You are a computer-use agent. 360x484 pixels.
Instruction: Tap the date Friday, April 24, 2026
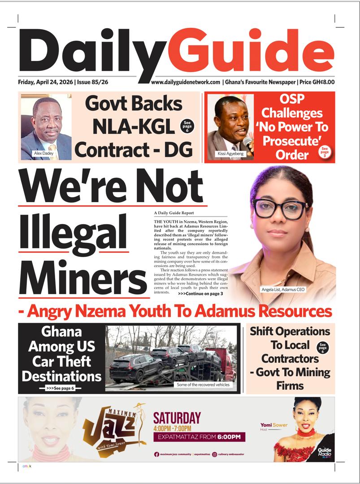46,82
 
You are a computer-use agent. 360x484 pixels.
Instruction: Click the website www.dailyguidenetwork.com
186,82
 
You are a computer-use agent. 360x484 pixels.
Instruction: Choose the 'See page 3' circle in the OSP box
325,152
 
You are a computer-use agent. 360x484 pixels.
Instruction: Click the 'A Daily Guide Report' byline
174,213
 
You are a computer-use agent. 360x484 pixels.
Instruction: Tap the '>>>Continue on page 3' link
200,294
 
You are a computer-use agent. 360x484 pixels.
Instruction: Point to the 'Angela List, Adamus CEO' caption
283,290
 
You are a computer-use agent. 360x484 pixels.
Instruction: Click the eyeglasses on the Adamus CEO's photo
280,209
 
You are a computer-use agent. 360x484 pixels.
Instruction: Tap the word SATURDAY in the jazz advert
177,418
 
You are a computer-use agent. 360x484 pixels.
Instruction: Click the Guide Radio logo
324,453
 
